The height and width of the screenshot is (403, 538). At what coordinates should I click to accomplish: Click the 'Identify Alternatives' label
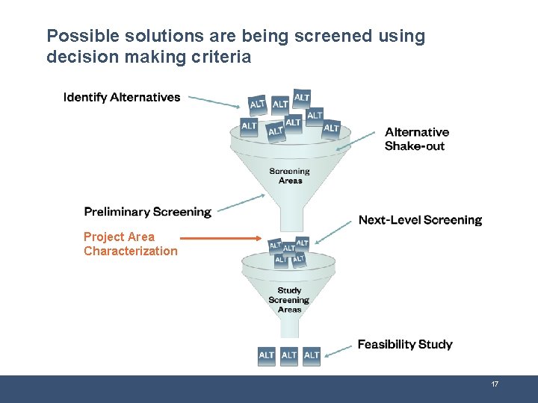pos(122,97)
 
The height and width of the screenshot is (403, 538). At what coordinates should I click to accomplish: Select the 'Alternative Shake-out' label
pos(416,139)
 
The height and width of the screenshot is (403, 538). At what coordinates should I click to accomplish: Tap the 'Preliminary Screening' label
pos(147,212)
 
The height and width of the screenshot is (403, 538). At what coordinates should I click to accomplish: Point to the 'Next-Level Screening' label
pos(420,219)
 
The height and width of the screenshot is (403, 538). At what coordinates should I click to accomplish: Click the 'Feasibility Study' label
pos(404,344)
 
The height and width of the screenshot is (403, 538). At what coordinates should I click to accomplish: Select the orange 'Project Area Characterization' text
pos(130,244)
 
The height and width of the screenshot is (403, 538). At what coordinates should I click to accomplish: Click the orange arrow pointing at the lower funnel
pos(220,239)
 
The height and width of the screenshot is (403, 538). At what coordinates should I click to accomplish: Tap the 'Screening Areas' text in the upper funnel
pos(290,175)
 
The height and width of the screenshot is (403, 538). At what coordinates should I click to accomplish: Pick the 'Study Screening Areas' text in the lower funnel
pos(289,300)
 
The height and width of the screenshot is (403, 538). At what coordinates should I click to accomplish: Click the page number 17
pos(495,384)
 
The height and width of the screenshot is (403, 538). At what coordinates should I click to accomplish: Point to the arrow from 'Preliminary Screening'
pos(243,203)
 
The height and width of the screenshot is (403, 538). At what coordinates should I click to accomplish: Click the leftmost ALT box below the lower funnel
pos(267,355)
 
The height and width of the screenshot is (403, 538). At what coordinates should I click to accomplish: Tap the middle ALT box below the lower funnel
pos(289,355)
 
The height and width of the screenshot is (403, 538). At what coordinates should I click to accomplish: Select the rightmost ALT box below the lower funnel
pos(312,355)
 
